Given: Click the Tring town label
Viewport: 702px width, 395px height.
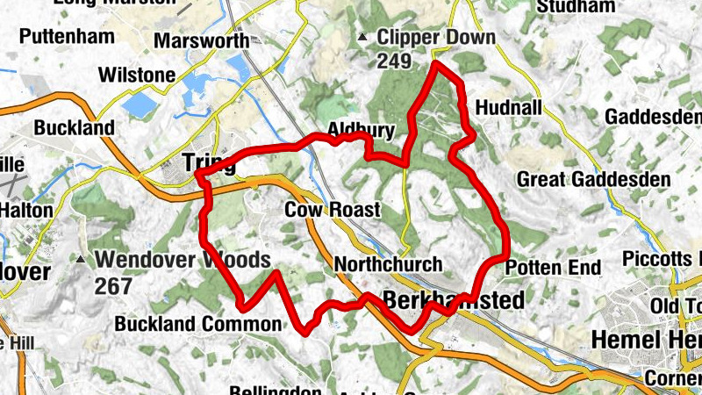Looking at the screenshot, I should (210, 162).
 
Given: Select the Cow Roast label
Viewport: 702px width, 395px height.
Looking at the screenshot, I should (332, 210).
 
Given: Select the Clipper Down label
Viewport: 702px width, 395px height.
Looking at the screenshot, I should (435, 39).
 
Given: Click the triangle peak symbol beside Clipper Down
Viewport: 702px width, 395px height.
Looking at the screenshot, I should (362, 38).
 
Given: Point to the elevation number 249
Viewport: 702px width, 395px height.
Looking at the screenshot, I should (395, 61).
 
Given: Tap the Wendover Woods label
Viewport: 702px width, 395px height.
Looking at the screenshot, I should (183, 260).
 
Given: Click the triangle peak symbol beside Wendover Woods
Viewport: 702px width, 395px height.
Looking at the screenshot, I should (82, 260).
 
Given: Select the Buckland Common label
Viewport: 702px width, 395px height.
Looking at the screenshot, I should (198, 324).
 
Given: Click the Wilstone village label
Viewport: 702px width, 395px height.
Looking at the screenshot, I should (137, 75).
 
